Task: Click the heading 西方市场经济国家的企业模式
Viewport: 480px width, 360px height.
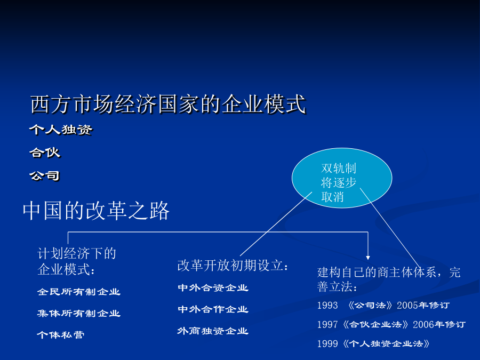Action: click(168, 104)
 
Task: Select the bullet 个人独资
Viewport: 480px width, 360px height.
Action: click(61, 130)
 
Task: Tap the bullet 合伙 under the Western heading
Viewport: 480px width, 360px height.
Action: click(45, 153)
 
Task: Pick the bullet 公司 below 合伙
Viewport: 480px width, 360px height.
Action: click(45, 175)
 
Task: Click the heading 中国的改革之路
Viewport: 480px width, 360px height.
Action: click(96, 211)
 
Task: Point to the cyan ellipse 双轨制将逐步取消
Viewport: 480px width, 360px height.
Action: click(342, 178)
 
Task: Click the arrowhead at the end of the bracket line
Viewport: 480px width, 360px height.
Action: click(368, 258)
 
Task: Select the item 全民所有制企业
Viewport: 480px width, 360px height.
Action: click(79, 292)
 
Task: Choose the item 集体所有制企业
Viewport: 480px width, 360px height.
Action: click(79, 313)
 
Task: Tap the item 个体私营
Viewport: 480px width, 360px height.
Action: click(61, 334)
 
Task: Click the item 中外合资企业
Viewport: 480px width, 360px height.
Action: click(213, 288)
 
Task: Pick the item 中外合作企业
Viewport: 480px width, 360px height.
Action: click(213, 309)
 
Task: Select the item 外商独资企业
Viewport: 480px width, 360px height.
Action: click(213, 331)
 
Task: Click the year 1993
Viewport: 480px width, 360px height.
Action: click(327, 306)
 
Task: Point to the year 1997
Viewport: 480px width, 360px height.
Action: click(327, 324)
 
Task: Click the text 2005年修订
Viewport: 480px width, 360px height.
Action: click(423, 306)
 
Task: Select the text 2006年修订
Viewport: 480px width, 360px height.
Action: click(439, 324)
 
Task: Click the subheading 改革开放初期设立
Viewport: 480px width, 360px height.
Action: click(233, 266)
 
